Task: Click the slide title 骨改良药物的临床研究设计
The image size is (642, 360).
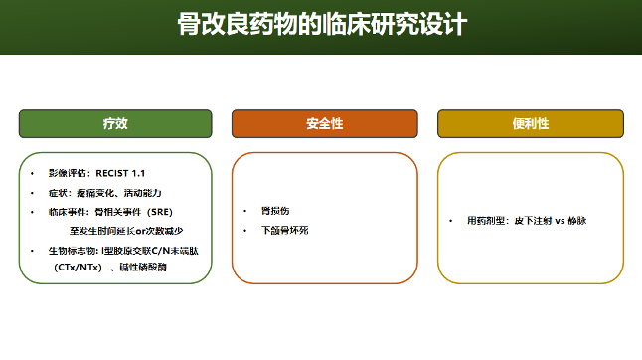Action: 321,24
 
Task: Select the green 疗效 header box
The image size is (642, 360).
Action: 115,123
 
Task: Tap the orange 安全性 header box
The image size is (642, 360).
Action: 324,123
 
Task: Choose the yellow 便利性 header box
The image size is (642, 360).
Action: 531,123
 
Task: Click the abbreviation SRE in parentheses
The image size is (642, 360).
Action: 160,212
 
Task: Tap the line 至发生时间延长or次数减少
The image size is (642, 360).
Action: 126,230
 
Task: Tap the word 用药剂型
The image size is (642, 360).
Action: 486,220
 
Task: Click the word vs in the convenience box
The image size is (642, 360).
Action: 560,220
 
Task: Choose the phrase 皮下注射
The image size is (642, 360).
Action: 532,220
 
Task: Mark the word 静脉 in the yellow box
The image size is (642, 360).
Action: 579,220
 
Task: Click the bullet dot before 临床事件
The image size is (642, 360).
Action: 32,212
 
